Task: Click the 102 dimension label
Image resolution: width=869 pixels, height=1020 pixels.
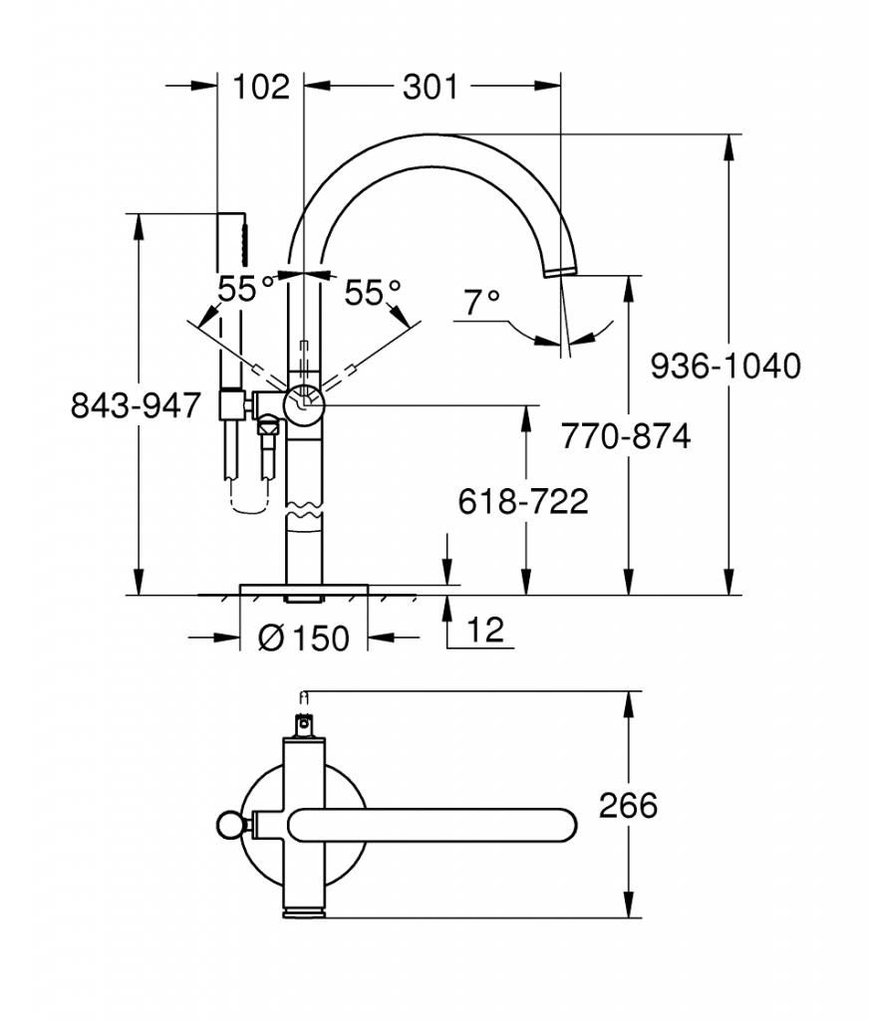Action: tap(260, 87)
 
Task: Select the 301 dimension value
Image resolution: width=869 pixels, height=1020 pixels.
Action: tap(431, 87)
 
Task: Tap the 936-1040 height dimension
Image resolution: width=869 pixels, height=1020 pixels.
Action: tap(725, 367)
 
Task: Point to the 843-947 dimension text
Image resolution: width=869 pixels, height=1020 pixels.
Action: tap(136, 406)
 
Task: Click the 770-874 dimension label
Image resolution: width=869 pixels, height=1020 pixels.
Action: tap(626, 436)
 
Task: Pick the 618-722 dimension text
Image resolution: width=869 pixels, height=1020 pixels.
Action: tap(523, 502)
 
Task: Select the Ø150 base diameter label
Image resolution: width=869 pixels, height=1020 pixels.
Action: tap(304, 638)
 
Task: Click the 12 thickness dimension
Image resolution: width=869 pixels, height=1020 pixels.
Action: tap(485, 630)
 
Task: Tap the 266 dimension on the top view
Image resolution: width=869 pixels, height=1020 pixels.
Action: tap(628, 806)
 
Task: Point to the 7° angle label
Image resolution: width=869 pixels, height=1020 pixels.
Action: tap(481, 303)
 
